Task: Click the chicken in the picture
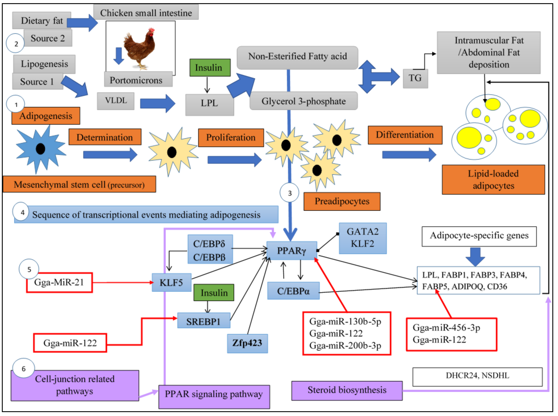(x=140, y=48)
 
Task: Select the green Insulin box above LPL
(x=210, y=68)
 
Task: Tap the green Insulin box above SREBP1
(x=214, y=292)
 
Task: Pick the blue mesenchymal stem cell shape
(x=40, y=149)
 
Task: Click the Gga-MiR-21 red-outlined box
(x=59, y=282)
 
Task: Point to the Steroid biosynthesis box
(x=347, y=390)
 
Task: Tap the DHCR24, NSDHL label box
(x=477, y=376)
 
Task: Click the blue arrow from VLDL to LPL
(x=157, y=103)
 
